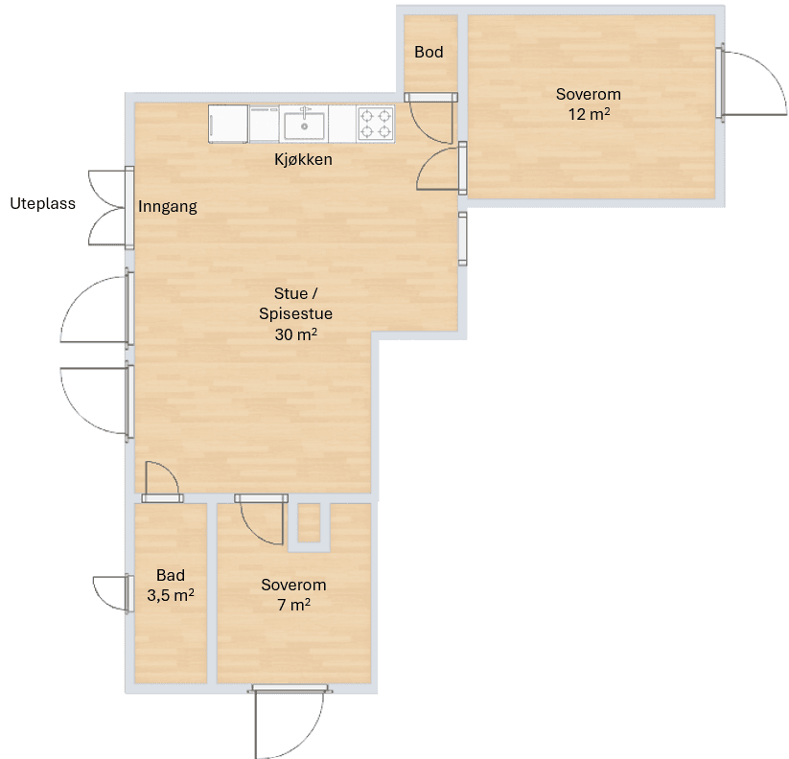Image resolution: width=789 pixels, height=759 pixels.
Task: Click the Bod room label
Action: point(429,52)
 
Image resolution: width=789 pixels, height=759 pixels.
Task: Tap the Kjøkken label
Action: point(303,159)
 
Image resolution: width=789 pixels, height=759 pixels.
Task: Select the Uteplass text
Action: point(43,204)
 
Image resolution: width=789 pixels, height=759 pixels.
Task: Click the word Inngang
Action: point(168,206)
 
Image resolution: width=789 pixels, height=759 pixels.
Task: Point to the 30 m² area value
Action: point(296,334)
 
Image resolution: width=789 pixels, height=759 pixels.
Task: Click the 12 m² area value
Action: point(589,114)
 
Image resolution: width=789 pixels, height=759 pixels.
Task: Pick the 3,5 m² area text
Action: point(171,595)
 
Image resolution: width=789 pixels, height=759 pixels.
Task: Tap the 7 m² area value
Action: point(293,604)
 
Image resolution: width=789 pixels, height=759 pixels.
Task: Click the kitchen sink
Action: point(304,124)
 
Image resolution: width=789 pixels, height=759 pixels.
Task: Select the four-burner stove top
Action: point(376,124)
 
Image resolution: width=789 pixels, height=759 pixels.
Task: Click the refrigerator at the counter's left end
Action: point(228,124)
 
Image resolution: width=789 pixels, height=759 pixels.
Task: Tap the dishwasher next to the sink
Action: point(265,124)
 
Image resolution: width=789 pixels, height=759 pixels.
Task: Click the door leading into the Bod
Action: point(430,118)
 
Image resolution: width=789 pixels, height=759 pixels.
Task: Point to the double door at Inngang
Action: point(111,208)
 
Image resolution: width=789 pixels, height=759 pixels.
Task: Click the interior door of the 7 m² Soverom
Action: point(261,519)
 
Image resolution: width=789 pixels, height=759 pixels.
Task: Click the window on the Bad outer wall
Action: point(114,594)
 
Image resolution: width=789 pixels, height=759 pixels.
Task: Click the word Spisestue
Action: point(296,314)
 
